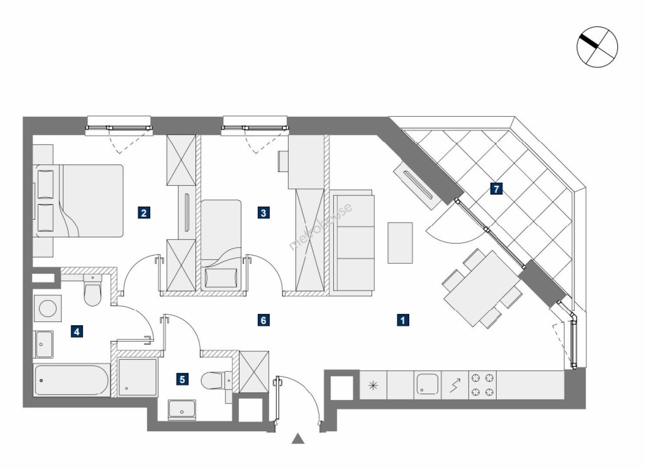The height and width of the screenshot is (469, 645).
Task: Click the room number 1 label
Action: click(403, 320)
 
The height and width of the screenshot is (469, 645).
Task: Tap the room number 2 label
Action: click(144, 213)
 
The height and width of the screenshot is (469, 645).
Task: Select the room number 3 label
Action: click(264, 213)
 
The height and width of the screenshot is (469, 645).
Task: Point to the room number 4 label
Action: click(77, 332)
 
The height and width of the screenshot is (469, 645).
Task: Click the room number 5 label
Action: click(182, 379)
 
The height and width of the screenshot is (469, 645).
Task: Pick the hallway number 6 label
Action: click(264, 320)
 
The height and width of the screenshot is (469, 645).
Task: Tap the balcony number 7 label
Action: click(496, 189)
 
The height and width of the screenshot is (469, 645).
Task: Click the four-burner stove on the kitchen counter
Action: click(482, 385)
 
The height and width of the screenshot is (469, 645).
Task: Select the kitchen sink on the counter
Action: click(427, 384)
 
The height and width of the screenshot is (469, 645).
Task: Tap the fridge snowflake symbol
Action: click(373, 385)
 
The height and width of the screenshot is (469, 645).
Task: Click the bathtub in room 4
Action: click(71, 380)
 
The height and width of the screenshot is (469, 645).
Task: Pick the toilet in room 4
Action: click(93, 290)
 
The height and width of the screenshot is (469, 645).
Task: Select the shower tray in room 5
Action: click(138, 377)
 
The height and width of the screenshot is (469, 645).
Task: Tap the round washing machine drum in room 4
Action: click(48, 308)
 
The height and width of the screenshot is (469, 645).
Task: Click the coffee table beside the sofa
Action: click(400, 243)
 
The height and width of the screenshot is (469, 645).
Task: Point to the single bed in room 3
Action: click(221, 245)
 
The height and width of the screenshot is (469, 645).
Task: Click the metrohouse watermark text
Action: click(320, 227)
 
